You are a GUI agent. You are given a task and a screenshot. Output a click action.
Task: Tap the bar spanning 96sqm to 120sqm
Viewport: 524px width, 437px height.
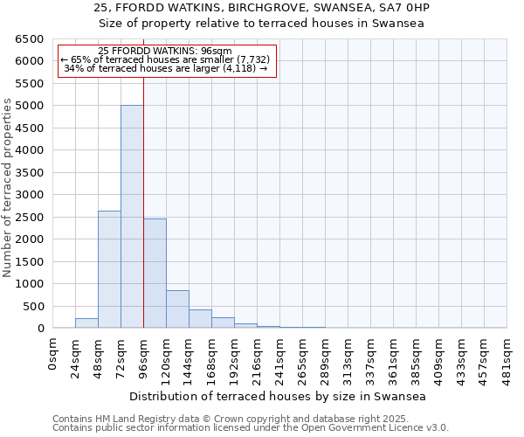click(155, 274)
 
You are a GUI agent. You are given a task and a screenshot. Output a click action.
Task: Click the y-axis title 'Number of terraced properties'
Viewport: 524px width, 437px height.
click(8, 188)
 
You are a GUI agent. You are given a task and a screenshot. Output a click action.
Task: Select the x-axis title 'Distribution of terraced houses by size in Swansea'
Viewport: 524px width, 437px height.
click(279, 396)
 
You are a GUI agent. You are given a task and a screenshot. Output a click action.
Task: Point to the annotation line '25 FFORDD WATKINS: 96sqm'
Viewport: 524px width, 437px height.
click(165, 52)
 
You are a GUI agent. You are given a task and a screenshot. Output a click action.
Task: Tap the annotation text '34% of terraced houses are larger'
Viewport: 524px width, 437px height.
click(165, 68)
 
